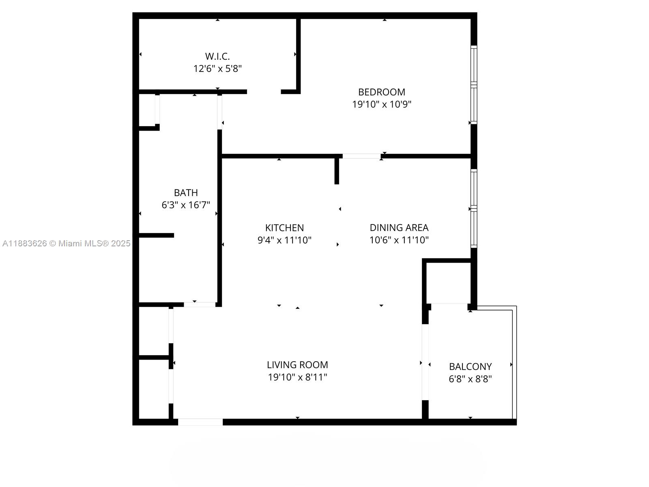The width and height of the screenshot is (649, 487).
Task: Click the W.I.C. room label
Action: tap(217, 56)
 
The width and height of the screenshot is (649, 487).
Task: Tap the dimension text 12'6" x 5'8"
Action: tap(217, 69)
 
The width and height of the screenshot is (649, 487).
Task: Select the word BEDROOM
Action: tap(381, 92)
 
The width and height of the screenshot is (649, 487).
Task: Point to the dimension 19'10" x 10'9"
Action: tap(381, 104)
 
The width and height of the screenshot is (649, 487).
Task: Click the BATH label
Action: tap(186, 193)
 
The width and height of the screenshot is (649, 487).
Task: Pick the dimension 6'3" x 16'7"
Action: tap(186, 205)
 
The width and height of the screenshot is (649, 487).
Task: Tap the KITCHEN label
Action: tap(284, 228)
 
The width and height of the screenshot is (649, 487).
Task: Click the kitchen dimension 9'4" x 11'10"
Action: tap(284, 240)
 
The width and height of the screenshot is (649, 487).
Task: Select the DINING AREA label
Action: tap(399, 228)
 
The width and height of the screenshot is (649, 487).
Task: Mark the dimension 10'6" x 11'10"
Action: tap(399, 240)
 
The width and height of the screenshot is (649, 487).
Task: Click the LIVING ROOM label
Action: tap(297, 365)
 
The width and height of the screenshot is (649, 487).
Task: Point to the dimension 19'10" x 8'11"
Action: tap(297, 377)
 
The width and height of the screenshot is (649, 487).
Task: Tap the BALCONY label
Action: tap(470, 366)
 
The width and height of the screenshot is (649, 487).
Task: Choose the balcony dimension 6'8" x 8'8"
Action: tap(470, 379)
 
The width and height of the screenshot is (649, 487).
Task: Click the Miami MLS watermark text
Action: tap(66, 243)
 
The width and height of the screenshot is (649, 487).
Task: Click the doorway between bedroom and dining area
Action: tap(361, 156)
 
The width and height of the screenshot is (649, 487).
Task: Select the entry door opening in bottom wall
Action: tap(200, 422)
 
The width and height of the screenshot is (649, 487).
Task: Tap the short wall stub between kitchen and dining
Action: tap(337, 171)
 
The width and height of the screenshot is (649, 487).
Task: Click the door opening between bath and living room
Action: tap(200, 304)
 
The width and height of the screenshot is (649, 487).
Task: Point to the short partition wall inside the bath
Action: tap(157, 235)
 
